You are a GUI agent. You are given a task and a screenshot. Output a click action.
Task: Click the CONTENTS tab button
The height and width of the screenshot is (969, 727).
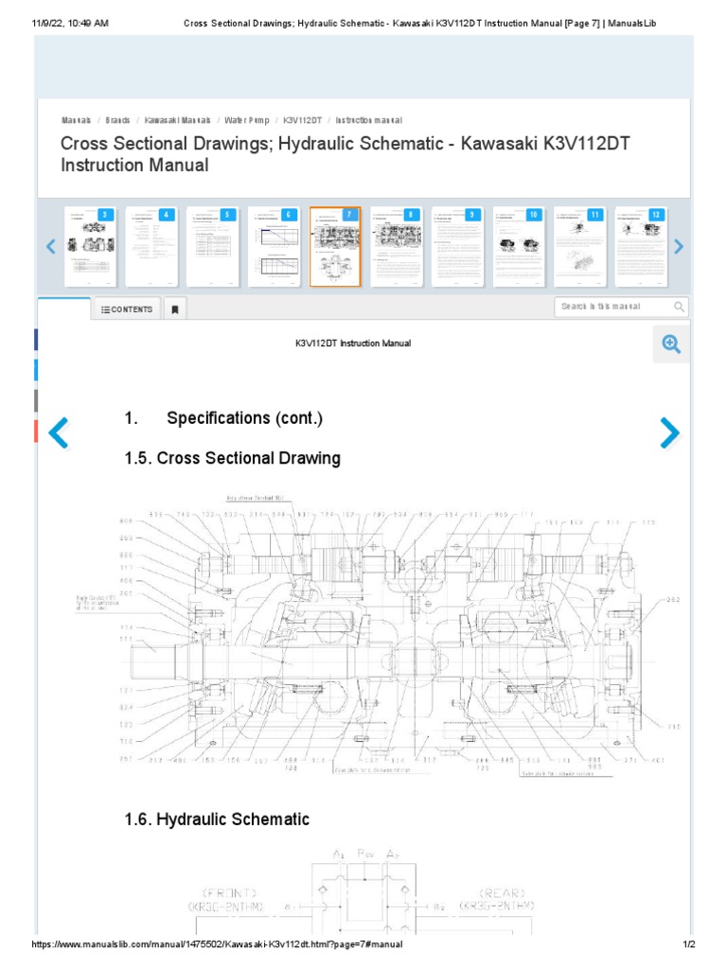[x=127, y=309]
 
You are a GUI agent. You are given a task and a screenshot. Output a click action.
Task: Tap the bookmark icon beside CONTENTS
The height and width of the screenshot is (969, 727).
[x=174, y=309]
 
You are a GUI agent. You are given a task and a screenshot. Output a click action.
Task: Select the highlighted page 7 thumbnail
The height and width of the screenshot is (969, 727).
[x=335, y=246]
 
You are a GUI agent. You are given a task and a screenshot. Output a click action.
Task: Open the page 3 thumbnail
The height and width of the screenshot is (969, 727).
[x=91, y=246]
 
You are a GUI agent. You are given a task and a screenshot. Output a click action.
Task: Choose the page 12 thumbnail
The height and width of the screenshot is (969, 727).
[x=641, y=246]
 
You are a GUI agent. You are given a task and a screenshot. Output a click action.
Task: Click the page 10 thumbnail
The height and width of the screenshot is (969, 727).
[x=519, y=246]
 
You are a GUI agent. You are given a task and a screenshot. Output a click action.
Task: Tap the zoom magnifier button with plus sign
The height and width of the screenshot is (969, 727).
[x=671, y=344]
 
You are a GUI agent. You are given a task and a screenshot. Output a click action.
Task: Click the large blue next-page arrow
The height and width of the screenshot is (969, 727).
[x=669, y=432]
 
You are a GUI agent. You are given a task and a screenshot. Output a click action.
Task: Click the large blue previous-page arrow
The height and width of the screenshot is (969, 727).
[x=59, y=432]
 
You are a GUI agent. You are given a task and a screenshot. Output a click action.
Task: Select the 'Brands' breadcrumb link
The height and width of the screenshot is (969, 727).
[x=118, y=121]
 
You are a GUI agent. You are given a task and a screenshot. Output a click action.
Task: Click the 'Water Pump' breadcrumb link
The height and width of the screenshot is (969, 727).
[x=247, y=121]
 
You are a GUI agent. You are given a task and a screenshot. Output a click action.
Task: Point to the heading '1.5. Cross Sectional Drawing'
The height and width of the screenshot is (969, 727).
[x=232, y=459]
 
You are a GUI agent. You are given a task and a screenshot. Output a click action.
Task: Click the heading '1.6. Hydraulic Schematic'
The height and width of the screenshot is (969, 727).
[x=217, y=819]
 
